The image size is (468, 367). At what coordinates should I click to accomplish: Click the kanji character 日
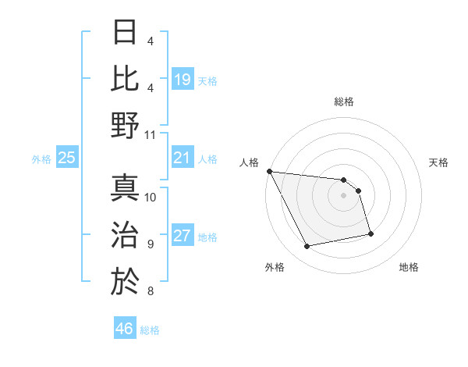click(x=126, y=32)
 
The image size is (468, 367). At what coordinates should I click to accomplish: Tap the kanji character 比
click(x=126, y=78)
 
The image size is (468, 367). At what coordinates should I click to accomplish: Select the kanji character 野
click(x=126, y=125)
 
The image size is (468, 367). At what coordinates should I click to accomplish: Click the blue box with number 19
click(x=183, y=79)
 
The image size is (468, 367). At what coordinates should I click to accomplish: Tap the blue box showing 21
click(x=183, y=159)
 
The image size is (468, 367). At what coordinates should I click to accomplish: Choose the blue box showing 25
click(x=67, y=159)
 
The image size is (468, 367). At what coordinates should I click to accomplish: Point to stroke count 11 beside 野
click(x=151, y=134)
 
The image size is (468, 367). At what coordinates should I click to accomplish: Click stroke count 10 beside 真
click(x=151, y=197)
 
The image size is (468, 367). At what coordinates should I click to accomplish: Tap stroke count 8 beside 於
click(x=150, y=292)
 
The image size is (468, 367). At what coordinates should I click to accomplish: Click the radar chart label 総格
click(x=344, y=102)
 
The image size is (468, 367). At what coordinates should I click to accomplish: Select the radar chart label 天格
click(x=438, y=162)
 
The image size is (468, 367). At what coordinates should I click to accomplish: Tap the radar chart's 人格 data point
click(x=270, y=171)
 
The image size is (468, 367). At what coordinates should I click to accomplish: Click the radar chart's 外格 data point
click(x=307, y=247)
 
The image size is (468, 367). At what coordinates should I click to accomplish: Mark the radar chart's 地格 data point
click(x=370, y=233)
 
